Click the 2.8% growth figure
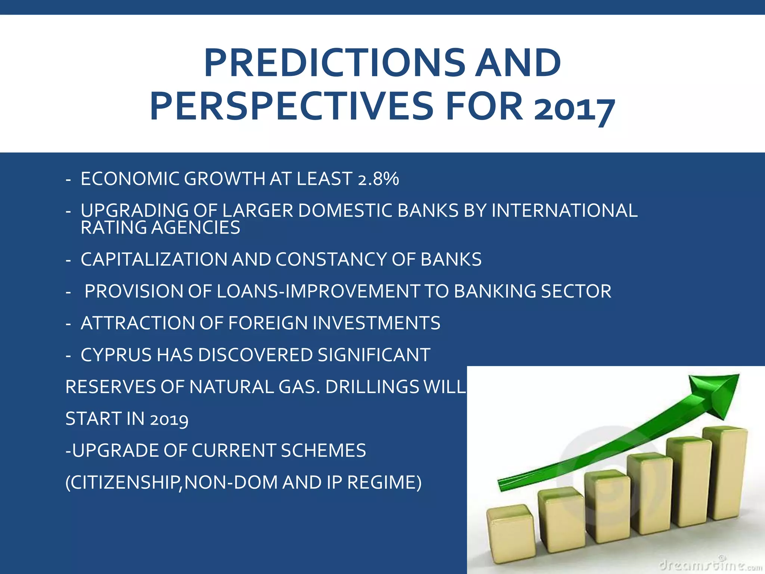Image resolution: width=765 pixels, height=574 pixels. (x=378, y=179)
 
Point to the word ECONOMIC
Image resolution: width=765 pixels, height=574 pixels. (x=129, y=179)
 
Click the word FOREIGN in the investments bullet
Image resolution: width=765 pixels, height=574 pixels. (x=267, y=323)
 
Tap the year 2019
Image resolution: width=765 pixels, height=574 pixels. (x=169, y=419)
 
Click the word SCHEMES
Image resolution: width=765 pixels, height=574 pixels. (x=323, y=450)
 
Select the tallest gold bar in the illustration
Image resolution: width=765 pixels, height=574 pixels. (x=725, y=475)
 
